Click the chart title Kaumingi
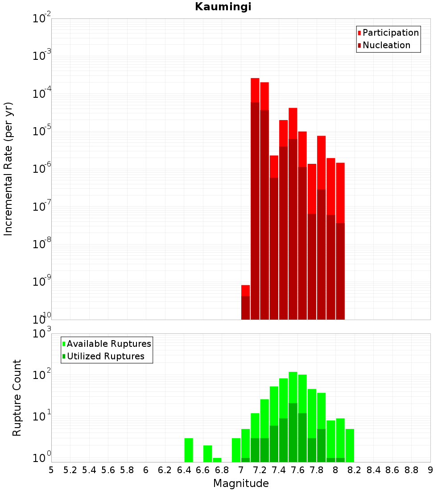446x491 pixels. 223,7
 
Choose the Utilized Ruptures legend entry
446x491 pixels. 105,356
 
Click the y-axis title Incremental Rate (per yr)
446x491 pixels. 8,169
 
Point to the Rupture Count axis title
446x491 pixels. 17,398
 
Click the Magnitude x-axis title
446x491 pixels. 241,483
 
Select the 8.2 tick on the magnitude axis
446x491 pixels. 355,470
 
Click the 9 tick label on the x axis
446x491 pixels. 430,470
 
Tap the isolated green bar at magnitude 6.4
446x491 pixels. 189,450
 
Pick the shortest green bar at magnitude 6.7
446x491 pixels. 217,460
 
